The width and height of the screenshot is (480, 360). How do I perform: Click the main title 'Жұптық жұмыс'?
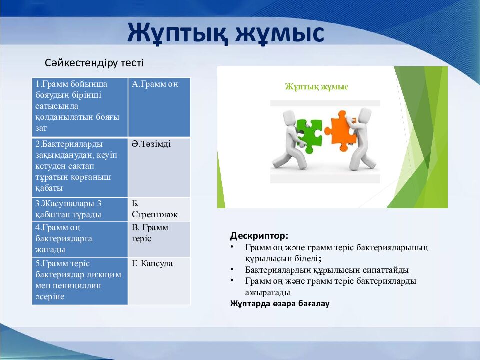pos(226,33)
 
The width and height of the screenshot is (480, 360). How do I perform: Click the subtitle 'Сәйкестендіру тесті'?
pos(94,63)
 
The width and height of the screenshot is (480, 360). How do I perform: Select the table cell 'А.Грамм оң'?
pos(159,107)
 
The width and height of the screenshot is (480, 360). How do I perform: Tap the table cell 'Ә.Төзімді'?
pos(159,167)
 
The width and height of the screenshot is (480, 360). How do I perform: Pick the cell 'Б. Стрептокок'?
pos(159,209)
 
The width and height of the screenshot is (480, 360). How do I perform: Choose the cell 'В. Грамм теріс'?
pos(159,238)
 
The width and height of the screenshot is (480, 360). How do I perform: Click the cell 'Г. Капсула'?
pos(159,280)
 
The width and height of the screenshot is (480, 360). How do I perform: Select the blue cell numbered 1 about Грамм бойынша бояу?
pos(79,107)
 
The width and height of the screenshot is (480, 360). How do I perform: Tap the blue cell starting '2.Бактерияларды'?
pos(79,167)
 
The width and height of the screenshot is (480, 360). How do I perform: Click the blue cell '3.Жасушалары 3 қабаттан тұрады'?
pos(79,209)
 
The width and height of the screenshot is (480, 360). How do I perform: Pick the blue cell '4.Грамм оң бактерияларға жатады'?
pos(79,238)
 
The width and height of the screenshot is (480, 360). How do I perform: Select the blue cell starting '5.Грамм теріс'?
pos(79,280)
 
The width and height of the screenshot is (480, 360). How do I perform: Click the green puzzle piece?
pos(308,135)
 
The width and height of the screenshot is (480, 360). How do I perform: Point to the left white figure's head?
pos(289,118)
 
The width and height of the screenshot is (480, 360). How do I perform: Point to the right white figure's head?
pos(365,116)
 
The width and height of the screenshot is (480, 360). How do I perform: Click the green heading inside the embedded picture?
pos(316,87)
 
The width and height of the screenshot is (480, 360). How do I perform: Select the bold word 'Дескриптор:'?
pos(259,235)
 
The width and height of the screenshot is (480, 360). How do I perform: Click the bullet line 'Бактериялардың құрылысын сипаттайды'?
pos(327,270)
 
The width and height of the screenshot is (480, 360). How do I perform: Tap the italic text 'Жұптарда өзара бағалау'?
pos(280,303)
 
